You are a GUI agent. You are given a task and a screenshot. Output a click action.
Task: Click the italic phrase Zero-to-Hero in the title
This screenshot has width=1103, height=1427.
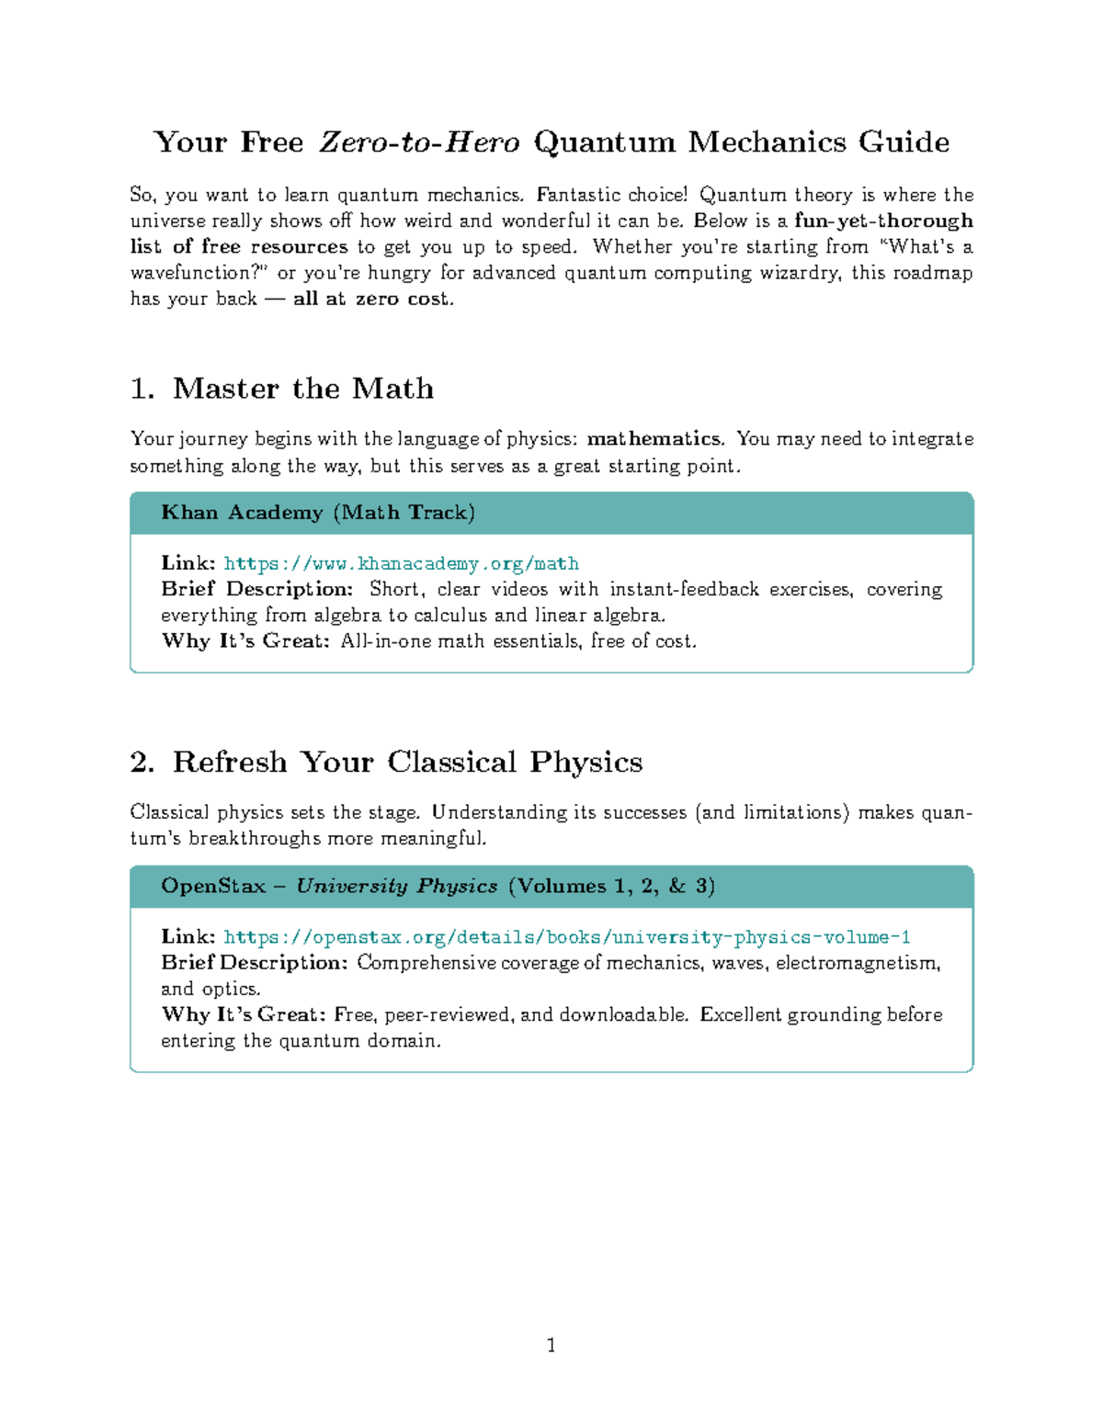(419, 142)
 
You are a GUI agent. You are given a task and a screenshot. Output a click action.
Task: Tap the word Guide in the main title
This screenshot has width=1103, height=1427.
(904, 142)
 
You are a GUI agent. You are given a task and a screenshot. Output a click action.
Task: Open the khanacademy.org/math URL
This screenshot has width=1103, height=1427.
(401, 563)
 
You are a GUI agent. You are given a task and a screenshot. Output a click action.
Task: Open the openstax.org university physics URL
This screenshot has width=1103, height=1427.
(566, 937)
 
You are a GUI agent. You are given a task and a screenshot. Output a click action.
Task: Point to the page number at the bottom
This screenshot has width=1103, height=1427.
(551, 1346)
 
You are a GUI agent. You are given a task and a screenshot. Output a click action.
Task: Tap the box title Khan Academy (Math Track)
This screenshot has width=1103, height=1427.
(318, 513)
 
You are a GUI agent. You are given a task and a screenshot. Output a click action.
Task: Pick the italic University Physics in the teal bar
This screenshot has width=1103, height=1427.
(396, 887)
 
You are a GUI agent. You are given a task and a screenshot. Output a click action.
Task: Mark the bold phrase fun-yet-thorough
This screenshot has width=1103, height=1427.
(882, 221)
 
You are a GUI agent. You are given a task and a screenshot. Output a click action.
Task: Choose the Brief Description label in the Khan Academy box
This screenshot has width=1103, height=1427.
(257, 589)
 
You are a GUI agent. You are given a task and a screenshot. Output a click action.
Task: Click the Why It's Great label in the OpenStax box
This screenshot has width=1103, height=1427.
(244, 1014)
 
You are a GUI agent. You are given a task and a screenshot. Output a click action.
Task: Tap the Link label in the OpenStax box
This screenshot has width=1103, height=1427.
(188, 937)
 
